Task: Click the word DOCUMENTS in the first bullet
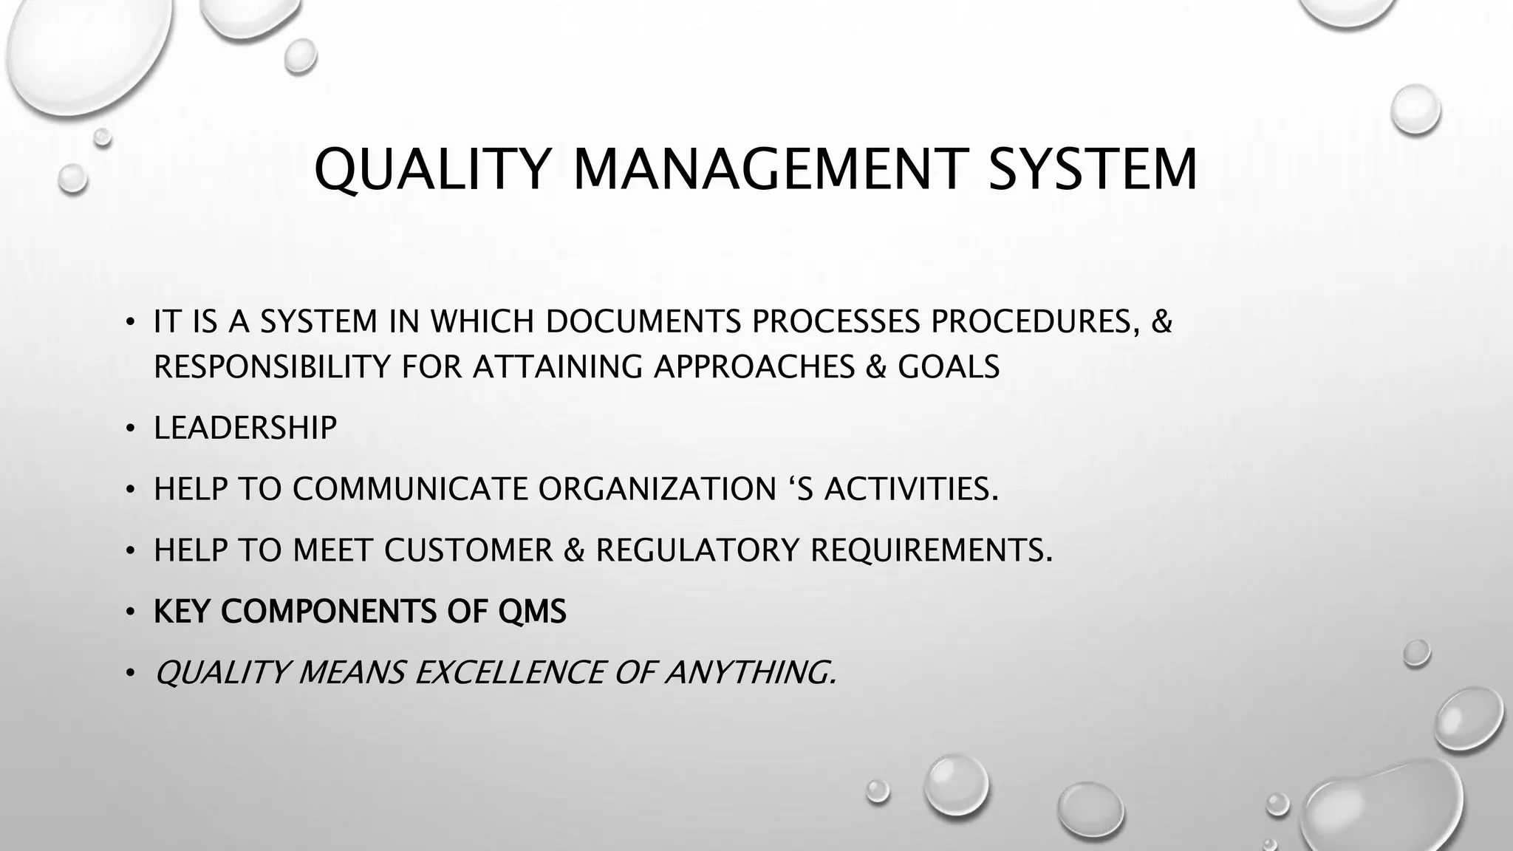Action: tap(643, 321)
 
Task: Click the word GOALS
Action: tap(948, 366)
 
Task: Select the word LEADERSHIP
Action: tap(245, 428)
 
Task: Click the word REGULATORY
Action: tap(697, 550)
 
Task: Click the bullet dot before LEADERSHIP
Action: tap(130, 429)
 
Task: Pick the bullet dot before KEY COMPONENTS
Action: tap(130, 613)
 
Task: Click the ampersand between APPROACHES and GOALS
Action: tap(875, 366)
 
